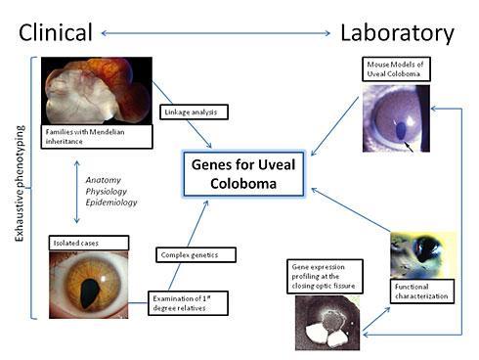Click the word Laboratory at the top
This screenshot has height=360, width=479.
(x=396, y=33)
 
